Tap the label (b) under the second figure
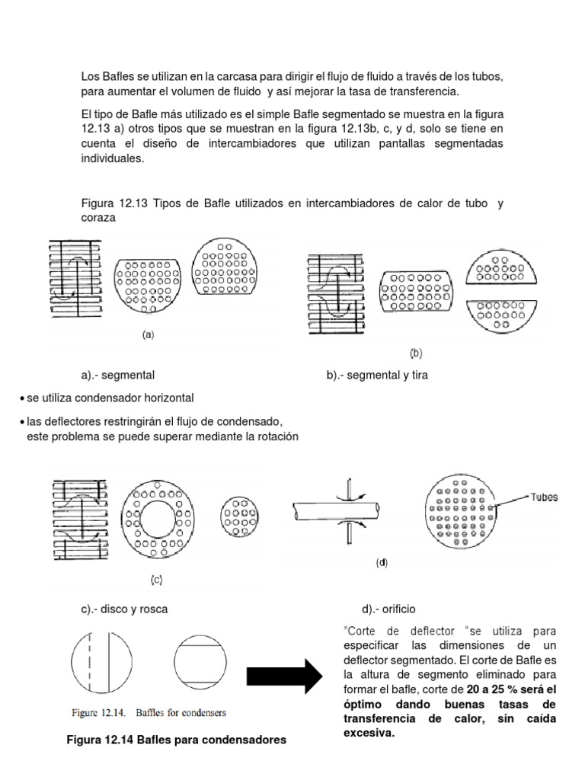pyautogui.click(x=416, y=353)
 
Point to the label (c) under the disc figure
pyautogui.click(x=155, y=580)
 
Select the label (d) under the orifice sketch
pyautogui.click(x=382, y=564)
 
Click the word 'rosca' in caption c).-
pyautogui.click(x=153, y=609)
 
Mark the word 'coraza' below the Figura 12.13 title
pyautogui.click(x=99, y=216)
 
